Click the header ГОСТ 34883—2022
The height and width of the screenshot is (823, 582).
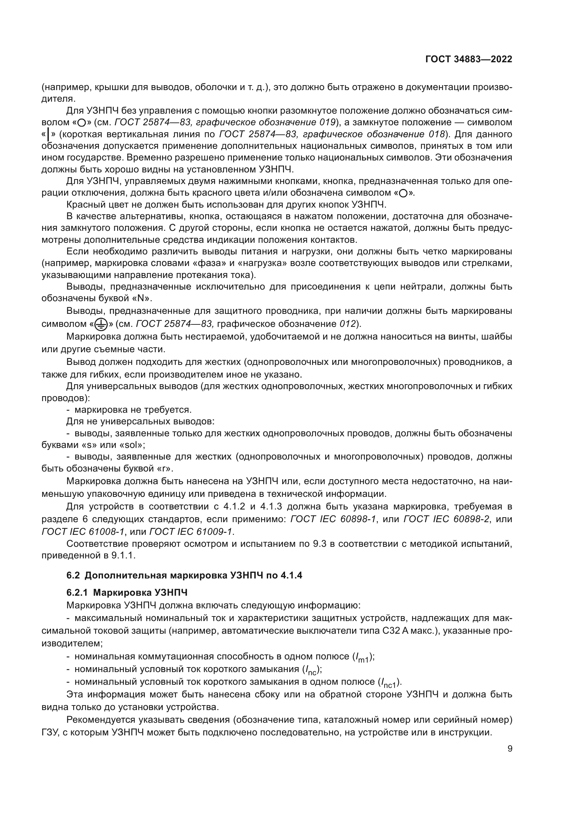(x=468, y=59)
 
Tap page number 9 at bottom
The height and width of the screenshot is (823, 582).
(x=510, y=748)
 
